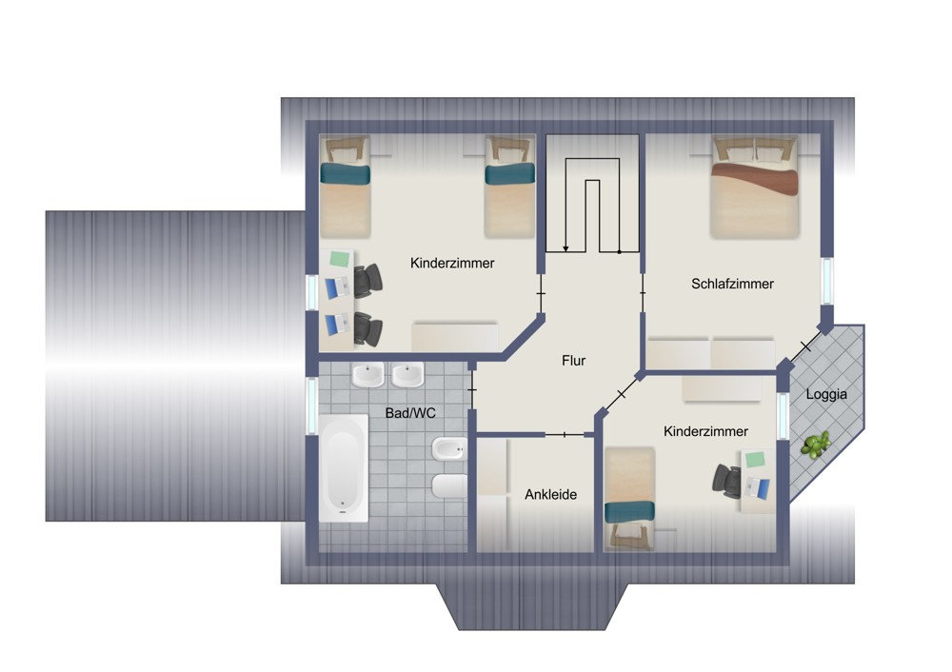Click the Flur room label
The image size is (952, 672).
point(573,361)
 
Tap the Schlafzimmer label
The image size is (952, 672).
point(732,284)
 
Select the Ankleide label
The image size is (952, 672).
point(550,495)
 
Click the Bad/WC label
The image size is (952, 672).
point(410,413)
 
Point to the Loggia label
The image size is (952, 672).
point(826,395)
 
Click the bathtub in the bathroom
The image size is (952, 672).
point(343,468)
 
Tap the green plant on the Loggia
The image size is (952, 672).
point(815,445)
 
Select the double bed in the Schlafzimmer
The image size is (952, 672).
point(754,187)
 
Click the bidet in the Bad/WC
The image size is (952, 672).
point(449,450)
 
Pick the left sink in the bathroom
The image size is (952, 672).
point(367,374)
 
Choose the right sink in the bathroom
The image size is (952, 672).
point(407,374)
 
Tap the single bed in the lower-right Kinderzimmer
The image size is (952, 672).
point(630,499)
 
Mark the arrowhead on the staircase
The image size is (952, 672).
point(565,248)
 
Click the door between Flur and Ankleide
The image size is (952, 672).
point(565,435)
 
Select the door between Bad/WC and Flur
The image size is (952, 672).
point(472,389)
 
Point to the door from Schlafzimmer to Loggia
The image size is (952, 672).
point(805,347)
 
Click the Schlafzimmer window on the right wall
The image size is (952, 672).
point(826,281)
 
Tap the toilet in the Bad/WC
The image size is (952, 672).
point(449,486)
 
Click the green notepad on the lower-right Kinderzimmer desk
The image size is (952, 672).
point(756,460)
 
